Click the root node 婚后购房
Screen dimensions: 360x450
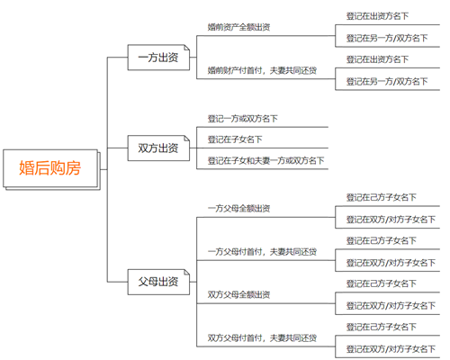pyautogui.click(x=56, y=168)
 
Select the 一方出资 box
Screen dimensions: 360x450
pyautogui.click(x=157, y=58)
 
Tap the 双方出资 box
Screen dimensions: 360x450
pyautogui.click(x=157, y=148)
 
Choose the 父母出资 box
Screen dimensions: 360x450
pyautogui.click(x=157, y=282)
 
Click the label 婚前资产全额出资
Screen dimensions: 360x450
pyautogui.click(x=239, y=27)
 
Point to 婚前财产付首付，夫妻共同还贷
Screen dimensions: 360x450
pyautogui.click(x=261, y=69)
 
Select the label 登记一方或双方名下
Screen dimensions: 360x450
pyautogui.click(x=243, y=117)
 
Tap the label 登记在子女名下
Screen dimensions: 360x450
pyautogui.click(x=235, y=139)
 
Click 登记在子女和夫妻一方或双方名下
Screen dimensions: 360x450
pyautogui.click(x=266, y=161)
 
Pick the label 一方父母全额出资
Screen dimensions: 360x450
pyautogui.click(x=239, y=208)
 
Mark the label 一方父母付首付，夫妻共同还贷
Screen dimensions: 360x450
pyautogui.click(x=261, y=251)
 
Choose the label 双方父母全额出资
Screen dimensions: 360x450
pyautogui.click(x=239, y=294)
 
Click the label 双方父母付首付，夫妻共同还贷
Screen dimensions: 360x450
pyautogui.click(x=261, y=337)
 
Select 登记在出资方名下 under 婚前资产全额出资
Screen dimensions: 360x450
pyautogui.click(x=377, y=16)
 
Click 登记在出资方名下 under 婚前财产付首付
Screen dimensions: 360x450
pyautogui.click(x=377, y=59)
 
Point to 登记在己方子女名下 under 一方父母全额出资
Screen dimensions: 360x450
pyautogui.click(x=382, y=197)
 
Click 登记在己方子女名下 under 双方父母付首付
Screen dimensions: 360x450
pyautogui.click(x=382, y=327)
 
